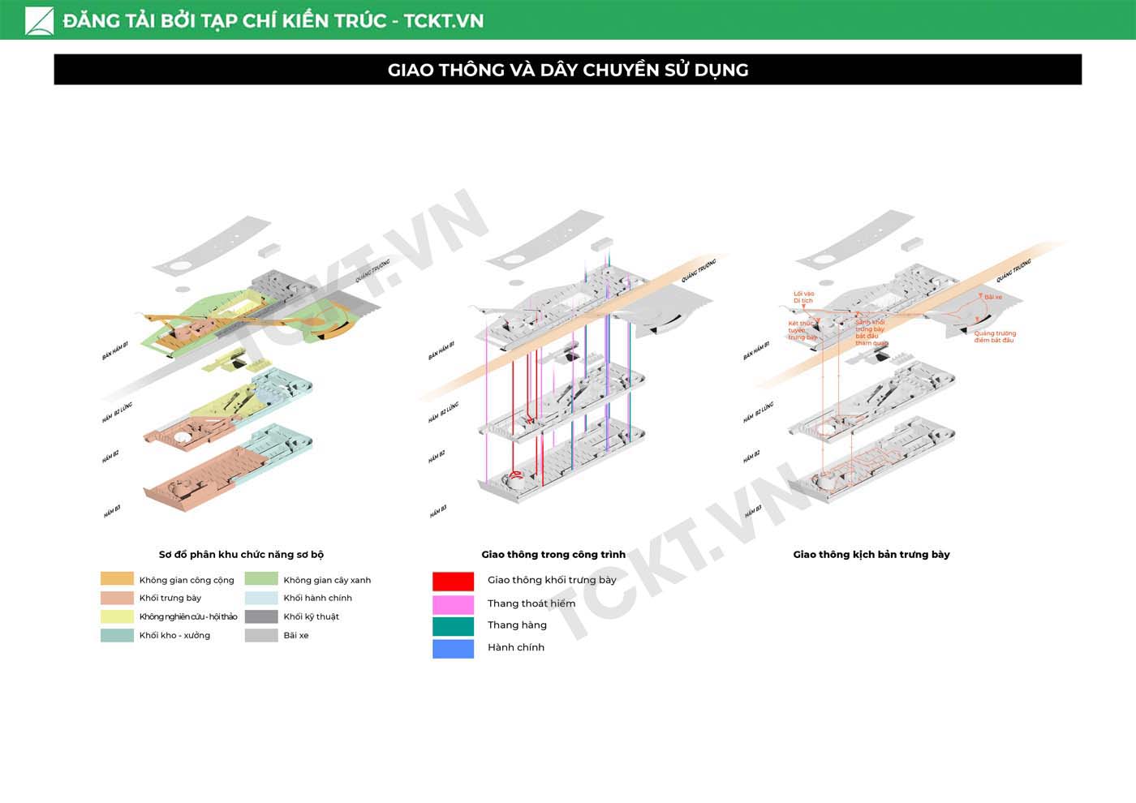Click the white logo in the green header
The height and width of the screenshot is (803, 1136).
pos(39,20)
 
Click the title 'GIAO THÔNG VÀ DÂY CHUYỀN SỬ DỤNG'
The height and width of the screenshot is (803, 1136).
pos(568,70)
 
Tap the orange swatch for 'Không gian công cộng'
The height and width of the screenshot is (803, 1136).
pos(117,579)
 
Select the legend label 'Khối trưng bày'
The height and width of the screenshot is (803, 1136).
pos(170,598)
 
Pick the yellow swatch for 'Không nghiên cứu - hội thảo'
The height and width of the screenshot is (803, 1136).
pos(117,616)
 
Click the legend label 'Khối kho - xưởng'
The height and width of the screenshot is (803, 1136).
pos(174,635)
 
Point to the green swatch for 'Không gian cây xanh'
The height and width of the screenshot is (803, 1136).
pos(261,579)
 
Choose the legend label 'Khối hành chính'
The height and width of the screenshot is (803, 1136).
pos(317,598)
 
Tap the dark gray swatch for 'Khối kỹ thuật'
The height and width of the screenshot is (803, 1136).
pos(261,616)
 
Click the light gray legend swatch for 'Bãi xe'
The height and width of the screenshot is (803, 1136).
pos(261,635)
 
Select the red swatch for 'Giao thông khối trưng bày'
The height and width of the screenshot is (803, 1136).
pos(453,581)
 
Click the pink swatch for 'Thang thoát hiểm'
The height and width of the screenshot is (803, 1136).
pos(453,604)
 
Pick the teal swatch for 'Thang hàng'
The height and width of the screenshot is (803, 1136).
pos(453,626)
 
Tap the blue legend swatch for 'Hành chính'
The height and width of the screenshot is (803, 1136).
pos(453,648)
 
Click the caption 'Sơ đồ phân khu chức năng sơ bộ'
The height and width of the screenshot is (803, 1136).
pos(241,555)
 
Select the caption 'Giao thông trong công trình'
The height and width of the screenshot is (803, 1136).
pos(553,555)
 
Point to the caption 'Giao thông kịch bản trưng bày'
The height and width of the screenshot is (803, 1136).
pos(871,555)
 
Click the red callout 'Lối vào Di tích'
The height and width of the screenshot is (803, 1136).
pos(803,297)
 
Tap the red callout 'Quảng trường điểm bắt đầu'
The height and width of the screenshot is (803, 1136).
pos(995,337)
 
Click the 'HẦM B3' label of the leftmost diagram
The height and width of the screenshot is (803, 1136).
pos(112,512)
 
